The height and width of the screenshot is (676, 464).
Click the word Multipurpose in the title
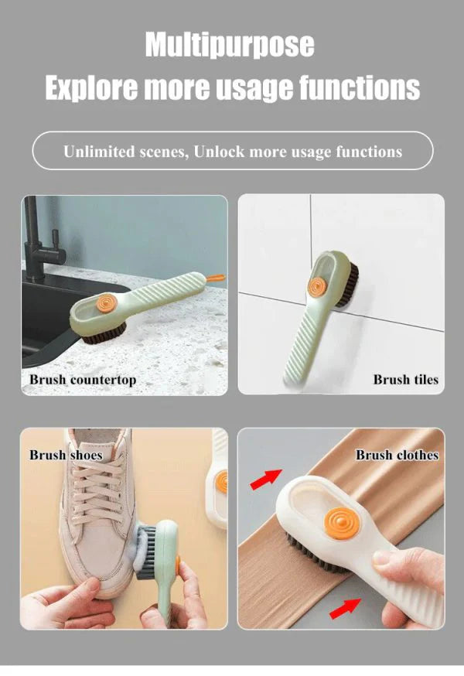(230, 45)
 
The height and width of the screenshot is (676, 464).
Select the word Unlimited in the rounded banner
(99, 152)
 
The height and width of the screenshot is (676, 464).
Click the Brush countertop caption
(83, 380)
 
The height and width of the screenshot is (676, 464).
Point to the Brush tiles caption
(405, 380)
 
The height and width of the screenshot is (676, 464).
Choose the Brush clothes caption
(397, 455)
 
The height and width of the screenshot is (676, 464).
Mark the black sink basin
(54, 317)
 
